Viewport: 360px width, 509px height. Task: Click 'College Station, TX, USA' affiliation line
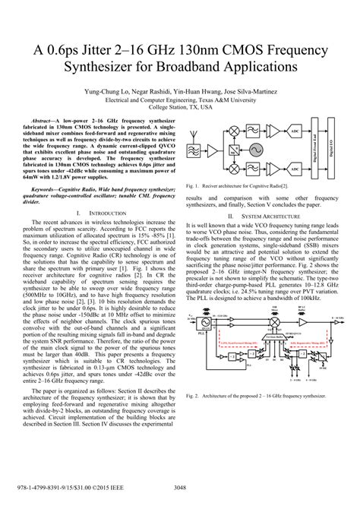(x=180, y=108)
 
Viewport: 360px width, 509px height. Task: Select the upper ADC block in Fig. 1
(x=294, y=132)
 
